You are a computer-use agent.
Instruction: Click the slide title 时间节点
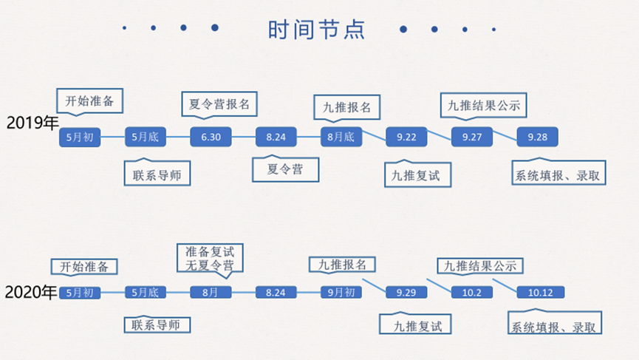tap(316, 30)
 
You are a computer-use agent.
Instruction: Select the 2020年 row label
tap(30, 293)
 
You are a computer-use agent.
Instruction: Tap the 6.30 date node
tap(211, 137)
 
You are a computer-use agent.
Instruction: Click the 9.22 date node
tap(406, 137)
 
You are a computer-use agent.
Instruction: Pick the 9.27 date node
tap(471, 137)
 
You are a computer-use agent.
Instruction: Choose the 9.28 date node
tap(537, 137)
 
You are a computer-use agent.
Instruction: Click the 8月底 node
tap(341, 137)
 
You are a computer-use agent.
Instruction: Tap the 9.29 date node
tap(406, 293)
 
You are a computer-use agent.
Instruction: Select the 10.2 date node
tap(471, 293)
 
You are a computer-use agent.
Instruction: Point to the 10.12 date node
tap(537, 293)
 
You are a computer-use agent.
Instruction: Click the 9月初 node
tap(341, 293)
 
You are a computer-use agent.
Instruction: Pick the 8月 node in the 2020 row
tap(211, 293)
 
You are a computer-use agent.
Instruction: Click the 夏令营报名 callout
tap(219, 104)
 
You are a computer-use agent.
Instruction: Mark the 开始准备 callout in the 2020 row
tap(84, 267)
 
